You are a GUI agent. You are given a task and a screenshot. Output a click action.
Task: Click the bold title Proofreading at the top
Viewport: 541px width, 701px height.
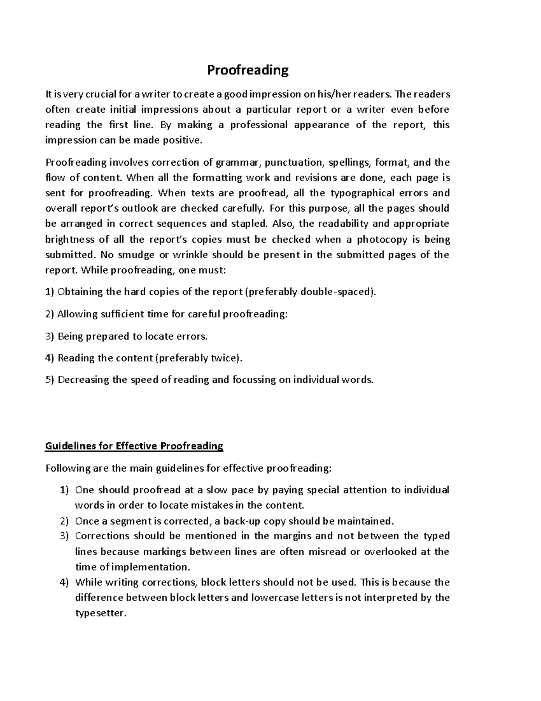coord(248,70)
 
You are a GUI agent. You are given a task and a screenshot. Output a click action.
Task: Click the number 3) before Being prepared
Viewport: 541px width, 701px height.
coord(50,336)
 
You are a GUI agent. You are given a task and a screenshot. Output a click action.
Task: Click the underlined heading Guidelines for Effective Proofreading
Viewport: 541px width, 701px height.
coord(134,446)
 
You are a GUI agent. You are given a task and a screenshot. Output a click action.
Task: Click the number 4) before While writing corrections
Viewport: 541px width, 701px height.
coord(64,582)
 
